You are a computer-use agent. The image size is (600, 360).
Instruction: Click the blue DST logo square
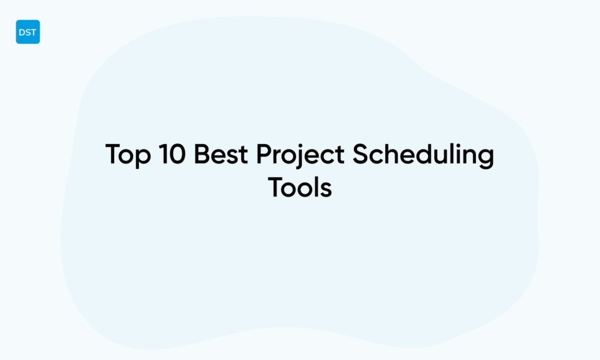28,32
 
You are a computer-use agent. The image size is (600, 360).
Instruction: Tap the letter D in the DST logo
22,33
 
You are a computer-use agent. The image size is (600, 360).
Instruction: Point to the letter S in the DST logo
28,33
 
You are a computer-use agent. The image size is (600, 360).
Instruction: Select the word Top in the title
128,155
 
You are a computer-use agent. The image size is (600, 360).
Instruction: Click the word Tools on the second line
300,187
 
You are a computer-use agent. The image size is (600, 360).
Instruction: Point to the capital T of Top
113,155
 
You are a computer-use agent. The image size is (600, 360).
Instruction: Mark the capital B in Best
202,155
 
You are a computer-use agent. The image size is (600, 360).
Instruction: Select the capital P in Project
264,155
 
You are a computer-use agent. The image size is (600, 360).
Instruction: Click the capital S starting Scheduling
359,155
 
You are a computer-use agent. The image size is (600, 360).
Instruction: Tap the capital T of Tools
276,187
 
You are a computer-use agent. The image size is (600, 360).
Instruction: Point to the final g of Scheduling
486,158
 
